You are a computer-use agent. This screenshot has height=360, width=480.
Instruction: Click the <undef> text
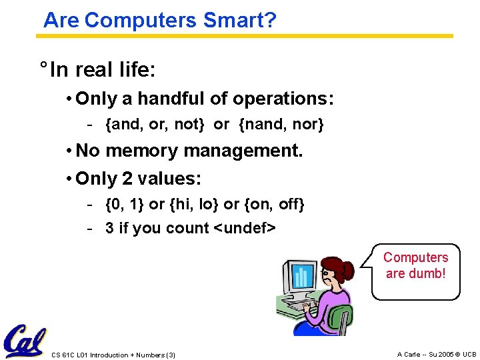point(244,228)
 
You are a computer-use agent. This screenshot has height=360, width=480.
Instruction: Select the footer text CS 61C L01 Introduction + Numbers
point(113,355)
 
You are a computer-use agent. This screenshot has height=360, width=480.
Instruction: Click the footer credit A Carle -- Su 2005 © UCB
point(436,354)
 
